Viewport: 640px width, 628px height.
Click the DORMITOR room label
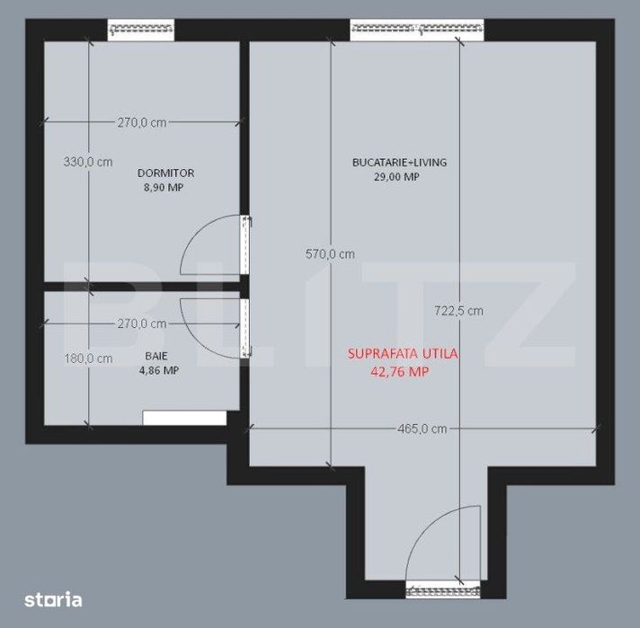(165, 173)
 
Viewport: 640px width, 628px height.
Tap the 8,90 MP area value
(164, 188)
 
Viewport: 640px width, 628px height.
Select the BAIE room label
(156, 357)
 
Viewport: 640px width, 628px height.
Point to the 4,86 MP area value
(159, 370)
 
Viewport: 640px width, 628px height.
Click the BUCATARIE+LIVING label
(400, 163)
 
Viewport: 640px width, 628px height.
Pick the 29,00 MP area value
(396, 177)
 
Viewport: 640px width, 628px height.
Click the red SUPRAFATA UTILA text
(403, 354)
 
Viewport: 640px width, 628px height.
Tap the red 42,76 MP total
(400, 372)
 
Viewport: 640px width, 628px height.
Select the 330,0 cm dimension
(88, 162)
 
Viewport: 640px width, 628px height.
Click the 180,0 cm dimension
(89, 358)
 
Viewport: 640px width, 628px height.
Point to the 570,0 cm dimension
(330, 254)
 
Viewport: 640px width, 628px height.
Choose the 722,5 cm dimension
(458, 311)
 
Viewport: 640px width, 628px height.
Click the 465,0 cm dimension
(422, 429)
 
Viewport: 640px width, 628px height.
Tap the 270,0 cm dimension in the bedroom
(142, 122)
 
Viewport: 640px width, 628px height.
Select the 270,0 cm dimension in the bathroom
(142, 324)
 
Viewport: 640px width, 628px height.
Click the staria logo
(53, 599)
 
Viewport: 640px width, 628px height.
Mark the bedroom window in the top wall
(141, 30)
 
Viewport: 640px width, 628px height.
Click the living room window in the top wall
(417, 30)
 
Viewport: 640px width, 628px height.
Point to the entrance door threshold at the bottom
(443, 589)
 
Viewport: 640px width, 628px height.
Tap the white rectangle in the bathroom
(184, 418)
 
